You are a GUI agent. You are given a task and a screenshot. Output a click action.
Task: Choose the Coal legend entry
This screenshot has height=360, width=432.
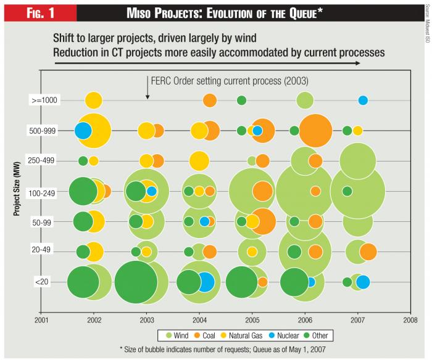206,336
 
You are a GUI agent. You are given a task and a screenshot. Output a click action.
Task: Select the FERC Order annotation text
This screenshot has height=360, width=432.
229,81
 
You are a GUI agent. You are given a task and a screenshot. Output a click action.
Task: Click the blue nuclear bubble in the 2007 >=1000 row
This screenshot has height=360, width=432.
363,100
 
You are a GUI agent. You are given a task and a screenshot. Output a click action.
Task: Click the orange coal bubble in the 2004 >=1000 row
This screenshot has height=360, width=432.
210,100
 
